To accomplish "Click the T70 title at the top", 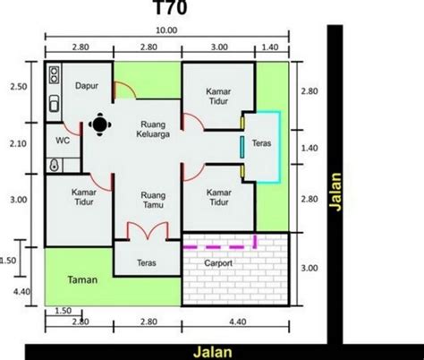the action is click(171, 7).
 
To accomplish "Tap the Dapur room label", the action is click(87, 86).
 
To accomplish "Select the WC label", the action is click(63, 141).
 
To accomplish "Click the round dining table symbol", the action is click(100, 124).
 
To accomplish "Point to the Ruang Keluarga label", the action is click(153, 129).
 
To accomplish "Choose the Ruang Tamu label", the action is click(153, 200).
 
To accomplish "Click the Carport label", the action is click(218, 263).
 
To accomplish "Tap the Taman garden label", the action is click(82, 279).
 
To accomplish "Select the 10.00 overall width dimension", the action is click(166, 30).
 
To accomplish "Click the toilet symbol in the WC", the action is click(54, 165).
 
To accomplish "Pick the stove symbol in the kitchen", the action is click(54, 75).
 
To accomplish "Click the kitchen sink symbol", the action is click(54, 103).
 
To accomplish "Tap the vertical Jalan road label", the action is click(335, 192).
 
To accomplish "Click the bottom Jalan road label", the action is click(213, 352).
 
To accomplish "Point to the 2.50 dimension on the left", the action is click(19, 87).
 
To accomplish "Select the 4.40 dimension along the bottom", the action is click(238, 321).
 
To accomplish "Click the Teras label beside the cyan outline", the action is click(261, 143).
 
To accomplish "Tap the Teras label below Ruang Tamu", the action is click(147, 262).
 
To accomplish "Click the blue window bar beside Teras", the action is click(242, 147).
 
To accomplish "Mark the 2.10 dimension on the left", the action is click(18, 144).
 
